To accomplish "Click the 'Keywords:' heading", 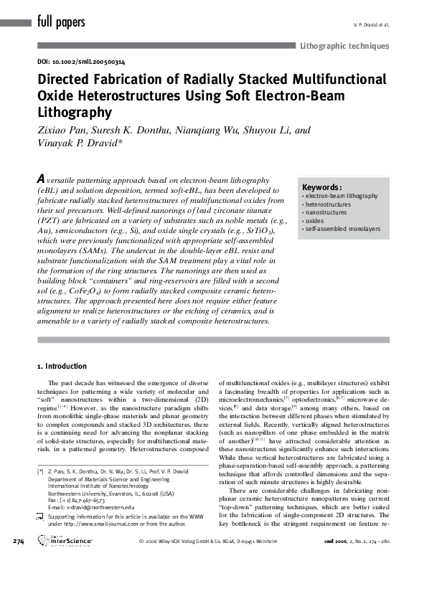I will tap(322, 187).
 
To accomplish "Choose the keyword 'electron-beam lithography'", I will tap(340, 196).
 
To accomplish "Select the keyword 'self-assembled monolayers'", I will tap(342, 230).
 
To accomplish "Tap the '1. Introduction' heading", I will tap(62, 366).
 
